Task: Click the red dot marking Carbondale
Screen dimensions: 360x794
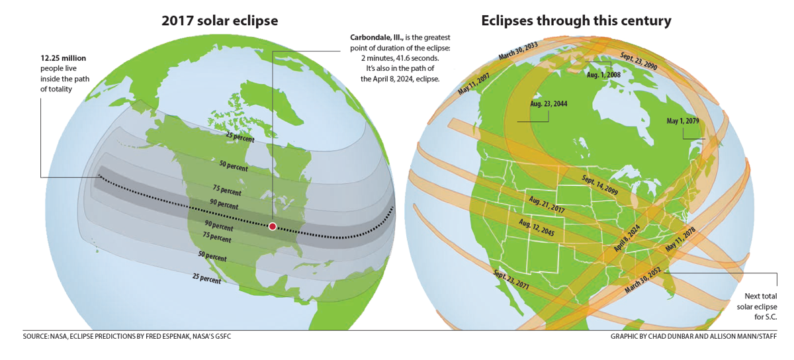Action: pyautogui.click(x=272, y=226)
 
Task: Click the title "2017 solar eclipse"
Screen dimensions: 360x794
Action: pyautogui.click(x=220, y=21)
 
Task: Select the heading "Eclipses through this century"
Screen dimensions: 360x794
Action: pyautogui.click(x=576, y=21)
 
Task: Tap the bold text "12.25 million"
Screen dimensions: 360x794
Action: pyautogui.click(x=64, y=58)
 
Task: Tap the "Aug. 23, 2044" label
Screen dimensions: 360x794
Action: pyautogui.click(x=549, y=104)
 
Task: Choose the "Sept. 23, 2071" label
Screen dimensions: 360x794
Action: pyautogui.click(x=511, y=281)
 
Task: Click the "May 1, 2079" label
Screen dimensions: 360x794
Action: pyautogui.click(x=683, y=121)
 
